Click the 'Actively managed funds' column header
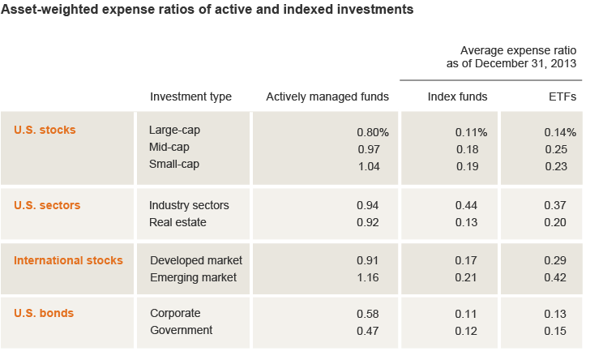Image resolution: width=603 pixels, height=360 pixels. tap(327, 96)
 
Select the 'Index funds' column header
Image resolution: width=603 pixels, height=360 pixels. tap(457, 96)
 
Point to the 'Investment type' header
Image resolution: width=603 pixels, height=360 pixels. tap(190, 96)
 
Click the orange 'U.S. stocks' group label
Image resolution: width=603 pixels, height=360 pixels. tap(45, 130)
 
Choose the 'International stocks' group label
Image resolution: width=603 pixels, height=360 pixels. tap(69, 260)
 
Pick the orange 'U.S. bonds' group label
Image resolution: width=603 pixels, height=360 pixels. tap(45, 312)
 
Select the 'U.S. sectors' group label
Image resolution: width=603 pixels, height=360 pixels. tap(47, 205)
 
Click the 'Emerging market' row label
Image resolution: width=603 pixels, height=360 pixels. tap(194, 277)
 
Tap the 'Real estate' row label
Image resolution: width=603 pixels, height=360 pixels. tap(177, 222)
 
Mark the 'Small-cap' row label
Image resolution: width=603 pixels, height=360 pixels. tap(174, 164)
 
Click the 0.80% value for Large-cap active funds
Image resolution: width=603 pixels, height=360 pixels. tap(373, 131)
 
